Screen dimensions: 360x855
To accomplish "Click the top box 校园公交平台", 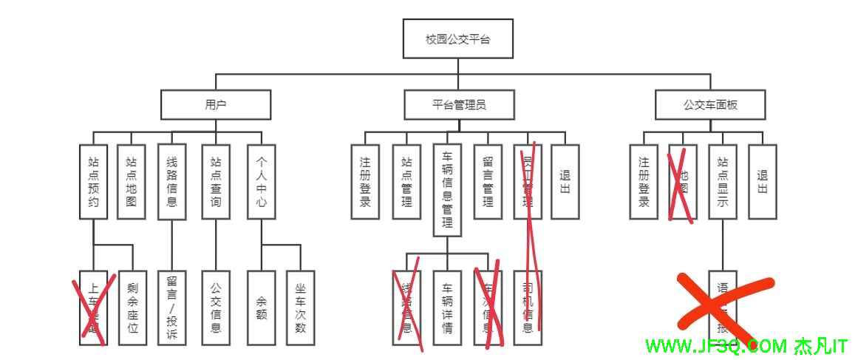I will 457,39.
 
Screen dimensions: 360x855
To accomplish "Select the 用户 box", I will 216,105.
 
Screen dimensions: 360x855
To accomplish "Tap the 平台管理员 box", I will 459,105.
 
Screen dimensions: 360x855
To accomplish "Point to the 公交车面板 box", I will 710,105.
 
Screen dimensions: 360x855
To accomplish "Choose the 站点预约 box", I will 93,181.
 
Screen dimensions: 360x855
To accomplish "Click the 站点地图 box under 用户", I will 132,181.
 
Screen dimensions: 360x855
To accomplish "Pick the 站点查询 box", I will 216,181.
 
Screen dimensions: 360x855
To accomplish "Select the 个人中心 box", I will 262,181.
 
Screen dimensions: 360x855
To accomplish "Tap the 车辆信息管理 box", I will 447,190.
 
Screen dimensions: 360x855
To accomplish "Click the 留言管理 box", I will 488,181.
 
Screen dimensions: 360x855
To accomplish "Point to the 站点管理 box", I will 406,181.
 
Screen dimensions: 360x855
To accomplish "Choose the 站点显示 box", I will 723,181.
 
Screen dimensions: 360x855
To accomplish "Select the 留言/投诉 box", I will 172,308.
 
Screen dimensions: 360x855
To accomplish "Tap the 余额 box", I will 262,308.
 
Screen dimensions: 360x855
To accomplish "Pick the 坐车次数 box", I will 301,308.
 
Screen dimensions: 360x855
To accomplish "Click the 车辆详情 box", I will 447,308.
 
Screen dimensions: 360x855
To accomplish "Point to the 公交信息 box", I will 216,308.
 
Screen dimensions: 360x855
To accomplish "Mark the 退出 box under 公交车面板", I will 763,181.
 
